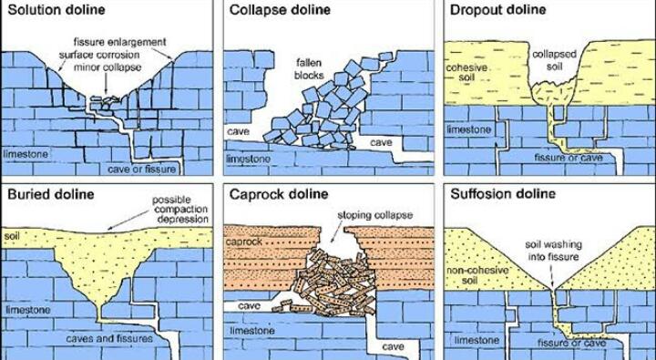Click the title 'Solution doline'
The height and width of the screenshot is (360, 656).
[56, 10]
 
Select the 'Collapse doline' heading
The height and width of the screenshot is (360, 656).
[280, 10]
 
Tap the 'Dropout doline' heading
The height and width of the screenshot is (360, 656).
[497, 10]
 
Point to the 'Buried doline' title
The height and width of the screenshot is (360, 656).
[51, 194]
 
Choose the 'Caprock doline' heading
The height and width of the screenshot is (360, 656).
[279, 194]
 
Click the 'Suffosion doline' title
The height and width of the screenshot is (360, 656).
[503, 194]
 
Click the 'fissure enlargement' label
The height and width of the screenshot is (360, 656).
[119, 42]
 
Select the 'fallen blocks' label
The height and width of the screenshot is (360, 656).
[309, 69]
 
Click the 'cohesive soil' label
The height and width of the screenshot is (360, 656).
[466, 72]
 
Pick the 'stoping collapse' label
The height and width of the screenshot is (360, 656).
[374, 215]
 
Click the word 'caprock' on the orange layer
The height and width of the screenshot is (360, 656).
[244, 242]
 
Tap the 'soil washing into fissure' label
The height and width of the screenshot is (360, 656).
[553, 251]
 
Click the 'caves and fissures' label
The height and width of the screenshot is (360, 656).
[109, 338]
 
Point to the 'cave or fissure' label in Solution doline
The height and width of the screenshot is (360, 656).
[142, 170]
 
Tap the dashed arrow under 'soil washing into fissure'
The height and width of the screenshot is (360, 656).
[552, 275]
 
